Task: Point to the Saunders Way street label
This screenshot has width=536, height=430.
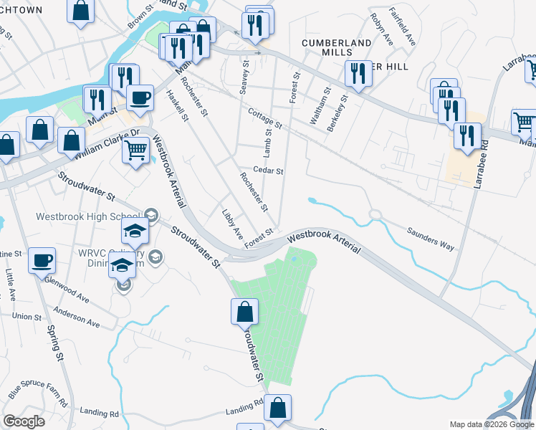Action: click(x=431, y=239)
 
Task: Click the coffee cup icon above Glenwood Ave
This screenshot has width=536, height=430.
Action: click(x=42, y=259)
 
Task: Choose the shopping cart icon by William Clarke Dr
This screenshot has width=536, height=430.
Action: click(x=135, y=150)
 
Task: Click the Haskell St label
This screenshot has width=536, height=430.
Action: click(x=176, y=105)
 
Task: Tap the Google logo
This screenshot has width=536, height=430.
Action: click(x=24, y=421)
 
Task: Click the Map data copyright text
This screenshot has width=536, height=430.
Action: click(x=491, y=424)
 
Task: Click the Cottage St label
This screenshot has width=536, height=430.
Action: click(x=265, y=118)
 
